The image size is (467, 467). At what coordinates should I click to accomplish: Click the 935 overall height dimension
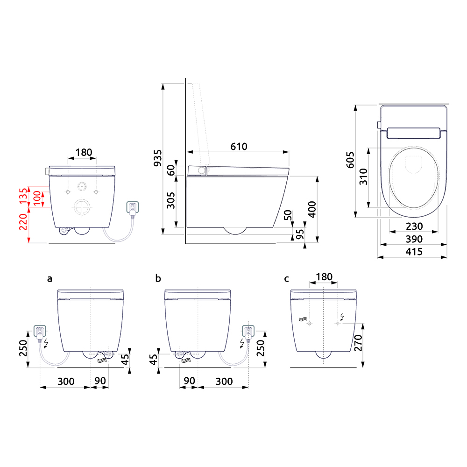(157, 158)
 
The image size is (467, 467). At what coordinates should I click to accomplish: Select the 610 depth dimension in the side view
(239, 147)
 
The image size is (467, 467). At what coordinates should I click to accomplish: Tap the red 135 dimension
(23, 196)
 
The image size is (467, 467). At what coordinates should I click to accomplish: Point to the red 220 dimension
(23, 222)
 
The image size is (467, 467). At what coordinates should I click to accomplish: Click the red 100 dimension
(37, 198)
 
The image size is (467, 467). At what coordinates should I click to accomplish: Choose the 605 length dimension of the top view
(351, 160)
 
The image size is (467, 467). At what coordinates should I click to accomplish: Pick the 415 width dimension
(414, 252)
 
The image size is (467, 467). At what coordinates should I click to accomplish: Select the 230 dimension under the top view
(414, 226)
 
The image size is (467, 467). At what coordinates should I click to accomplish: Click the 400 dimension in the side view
(312, 209)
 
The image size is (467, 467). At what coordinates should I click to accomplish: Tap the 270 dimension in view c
(358, 343)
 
